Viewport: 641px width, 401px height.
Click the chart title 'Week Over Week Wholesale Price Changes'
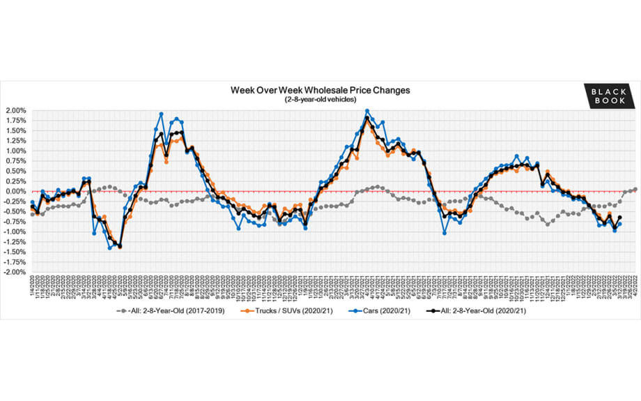[x=320, y=91]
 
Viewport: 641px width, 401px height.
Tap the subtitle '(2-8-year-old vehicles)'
[x=320, y=100]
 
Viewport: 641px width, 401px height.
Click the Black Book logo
[x=609, y=96]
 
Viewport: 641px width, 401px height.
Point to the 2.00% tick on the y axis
[x=15, y=111]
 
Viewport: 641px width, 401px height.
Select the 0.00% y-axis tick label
[x=15, y=192]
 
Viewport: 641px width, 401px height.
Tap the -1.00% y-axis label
[x=14, y=232]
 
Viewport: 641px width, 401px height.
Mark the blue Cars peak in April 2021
[x=367, y=111]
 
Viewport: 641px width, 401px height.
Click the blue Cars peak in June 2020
[x=161, y=114]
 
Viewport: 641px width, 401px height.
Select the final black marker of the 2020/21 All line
[x=620, y=218]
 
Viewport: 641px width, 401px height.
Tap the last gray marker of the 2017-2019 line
[x=635, y=189]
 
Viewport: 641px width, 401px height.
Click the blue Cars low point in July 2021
[x=445, y=233]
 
